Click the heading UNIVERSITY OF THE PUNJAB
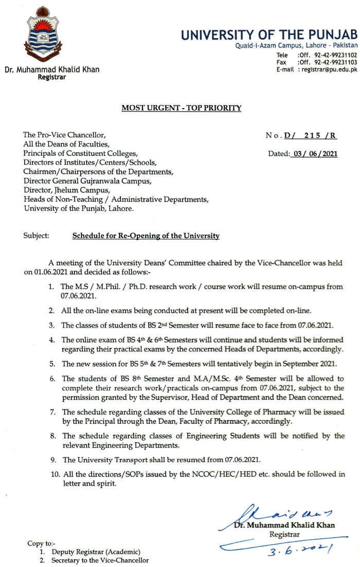[268, 35]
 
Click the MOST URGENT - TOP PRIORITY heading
[181, 108]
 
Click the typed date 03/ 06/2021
[313, 153]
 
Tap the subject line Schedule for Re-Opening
[146, 236]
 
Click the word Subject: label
[36, 236]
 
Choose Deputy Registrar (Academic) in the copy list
[96, 552]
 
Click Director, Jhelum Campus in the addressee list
[67, 190]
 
